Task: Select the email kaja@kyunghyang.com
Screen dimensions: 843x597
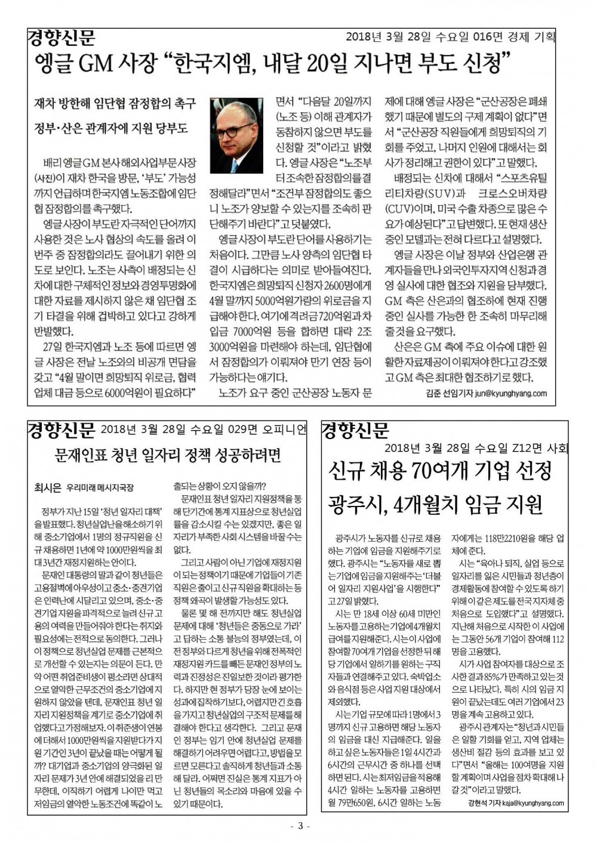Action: tap(530, 803)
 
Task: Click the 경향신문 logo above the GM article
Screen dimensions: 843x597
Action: tap(61, 39)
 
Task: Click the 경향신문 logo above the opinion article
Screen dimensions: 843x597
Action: tap(61, 429)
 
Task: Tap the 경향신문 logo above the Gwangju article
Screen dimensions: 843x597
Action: tap(356, 430)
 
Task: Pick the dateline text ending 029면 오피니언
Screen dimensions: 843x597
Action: tap(204, 430)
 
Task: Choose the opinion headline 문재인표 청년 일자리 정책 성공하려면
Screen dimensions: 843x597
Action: tap(167, 456)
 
